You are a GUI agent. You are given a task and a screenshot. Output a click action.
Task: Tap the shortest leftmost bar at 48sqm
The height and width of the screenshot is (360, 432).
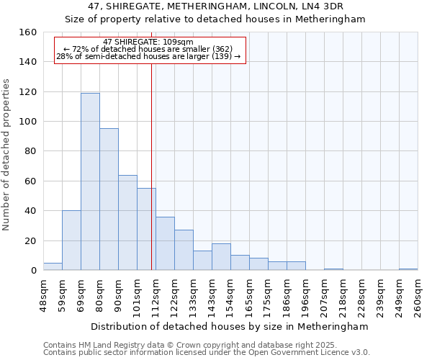click(53, 266)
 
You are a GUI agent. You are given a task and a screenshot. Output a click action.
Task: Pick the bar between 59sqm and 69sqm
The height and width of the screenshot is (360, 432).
click(71, 240)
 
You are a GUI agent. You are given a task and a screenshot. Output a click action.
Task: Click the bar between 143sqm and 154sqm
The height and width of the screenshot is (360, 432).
click(221, 257)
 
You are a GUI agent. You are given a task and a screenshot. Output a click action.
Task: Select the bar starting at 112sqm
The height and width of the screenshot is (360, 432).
click(165, 243)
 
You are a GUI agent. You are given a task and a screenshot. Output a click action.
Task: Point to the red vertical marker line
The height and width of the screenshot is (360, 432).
click(151, 166)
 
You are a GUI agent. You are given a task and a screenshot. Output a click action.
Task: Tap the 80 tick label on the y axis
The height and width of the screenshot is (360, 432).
click(30, 151)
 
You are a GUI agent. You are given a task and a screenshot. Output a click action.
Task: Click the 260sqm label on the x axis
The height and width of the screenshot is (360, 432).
click(418, 295)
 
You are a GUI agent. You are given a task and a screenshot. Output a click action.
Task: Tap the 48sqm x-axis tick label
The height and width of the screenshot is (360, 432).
click(43, 295)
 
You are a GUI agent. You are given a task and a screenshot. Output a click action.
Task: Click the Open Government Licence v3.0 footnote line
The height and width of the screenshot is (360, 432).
click(206, 352)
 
